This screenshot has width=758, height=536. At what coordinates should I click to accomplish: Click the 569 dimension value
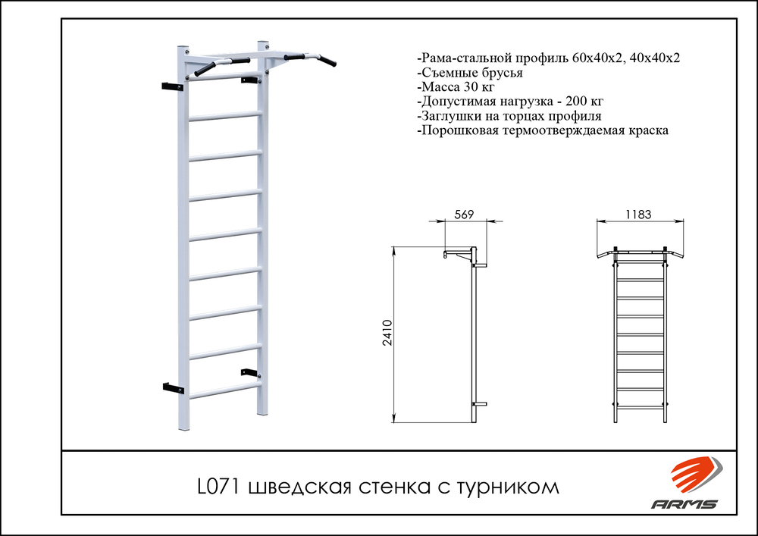pos(464,215)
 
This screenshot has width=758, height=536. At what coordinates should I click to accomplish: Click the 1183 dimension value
pos(640,215)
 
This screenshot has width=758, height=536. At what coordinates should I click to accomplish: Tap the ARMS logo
pos(685,485)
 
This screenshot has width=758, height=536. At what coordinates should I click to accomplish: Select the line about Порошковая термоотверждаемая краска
pos(543,131)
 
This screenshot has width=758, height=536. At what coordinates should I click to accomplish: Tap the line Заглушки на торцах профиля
pos(509,117)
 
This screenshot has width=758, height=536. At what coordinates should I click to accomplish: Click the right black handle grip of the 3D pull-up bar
pos(329,58)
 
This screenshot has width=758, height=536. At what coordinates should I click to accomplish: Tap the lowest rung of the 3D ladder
pos(225,390)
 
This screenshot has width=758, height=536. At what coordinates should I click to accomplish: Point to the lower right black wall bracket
pos(249,371)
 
